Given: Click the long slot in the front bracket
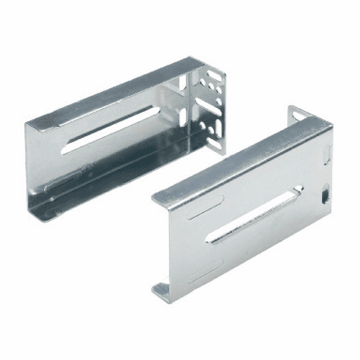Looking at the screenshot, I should [x=253, y=215].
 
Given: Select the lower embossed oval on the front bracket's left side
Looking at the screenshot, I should [x=202, y=274].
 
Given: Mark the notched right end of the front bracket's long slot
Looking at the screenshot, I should [x=295, y=193].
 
